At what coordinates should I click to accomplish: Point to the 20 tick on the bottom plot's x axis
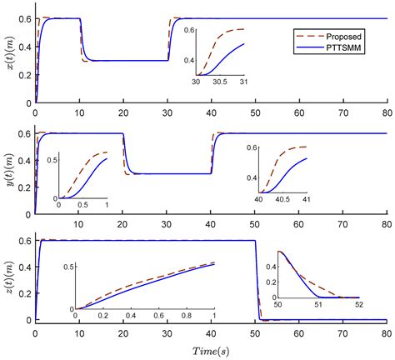[x=122, y=335]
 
